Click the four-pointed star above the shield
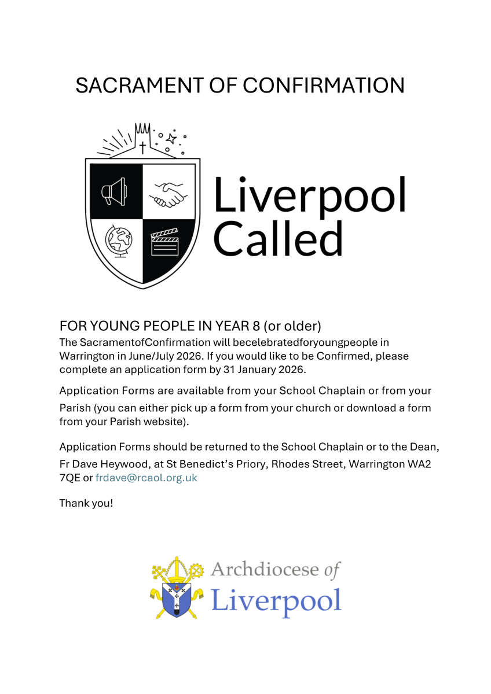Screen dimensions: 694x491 (x=171, y=138)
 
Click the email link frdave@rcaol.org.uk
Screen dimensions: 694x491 (x=146, y=478)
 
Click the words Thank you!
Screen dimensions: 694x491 (x=86, y=503)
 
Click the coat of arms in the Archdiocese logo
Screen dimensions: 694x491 (x=178, y=588)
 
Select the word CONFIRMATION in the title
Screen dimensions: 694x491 (x=324, y=85)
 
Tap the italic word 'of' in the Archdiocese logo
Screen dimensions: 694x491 (x=331, y=570)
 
